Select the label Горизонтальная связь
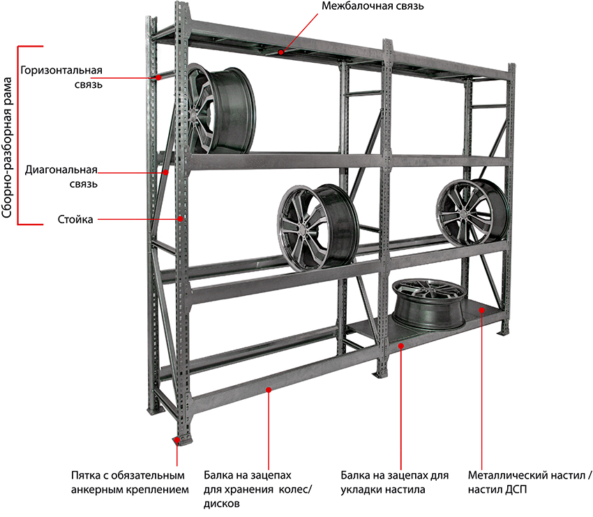tap(62, 77)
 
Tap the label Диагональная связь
tap(61, 177)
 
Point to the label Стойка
tap(75, 220)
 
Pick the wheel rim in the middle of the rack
tap(317, 226)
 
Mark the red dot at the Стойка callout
tap(181, 218)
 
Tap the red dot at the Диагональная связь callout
tap(166, 171)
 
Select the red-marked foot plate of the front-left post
tap(177, 440)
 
